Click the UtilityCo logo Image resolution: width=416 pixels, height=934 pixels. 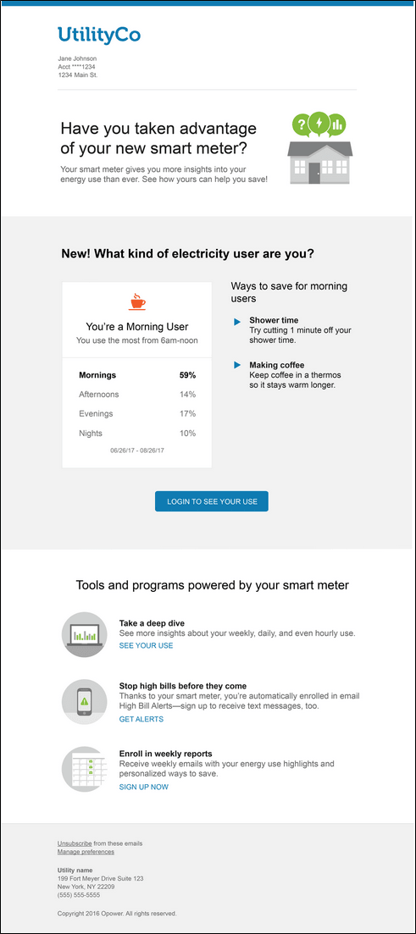point(99,35)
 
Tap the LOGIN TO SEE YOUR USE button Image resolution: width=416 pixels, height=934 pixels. point(212,501)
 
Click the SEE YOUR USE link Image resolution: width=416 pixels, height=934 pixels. point(146,646)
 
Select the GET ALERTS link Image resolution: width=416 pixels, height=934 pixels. point(141,719)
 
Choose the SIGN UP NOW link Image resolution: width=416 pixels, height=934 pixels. point(143,787)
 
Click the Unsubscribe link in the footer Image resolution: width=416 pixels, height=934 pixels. point(75,843)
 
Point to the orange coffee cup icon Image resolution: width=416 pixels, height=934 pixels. point(136,301)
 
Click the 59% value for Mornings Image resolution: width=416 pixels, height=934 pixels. point(187,375)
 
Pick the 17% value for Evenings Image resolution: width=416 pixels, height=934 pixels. point(187,414)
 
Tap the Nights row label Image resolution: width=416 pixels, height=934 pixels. point(91,434)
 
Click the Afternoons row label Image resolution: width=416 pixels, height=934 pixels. point(98,395)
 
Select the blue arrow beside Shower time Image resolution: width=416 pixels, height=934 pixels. point(237,321)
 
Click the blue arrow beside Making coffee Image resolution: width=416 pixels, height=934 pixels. point(237,365)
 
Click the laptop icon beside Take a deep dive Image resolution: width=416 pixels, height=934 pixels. point(85,634)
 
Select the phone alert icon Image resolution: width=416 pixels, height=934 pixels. point(85,701)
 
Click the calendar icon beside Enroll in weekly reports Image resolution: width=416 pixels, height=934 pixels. point(85,769)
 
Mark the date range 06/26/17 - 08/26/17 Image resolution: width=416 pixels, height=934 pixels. point(136,450)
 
